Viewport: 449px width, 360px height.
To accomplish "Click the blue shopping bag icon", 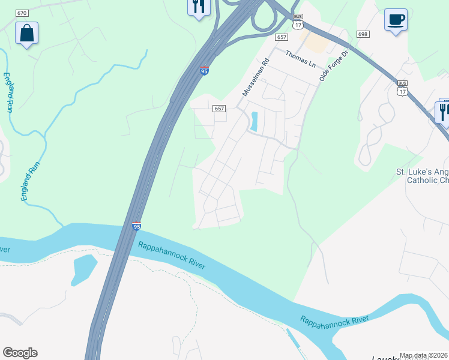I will [x=26, y=34].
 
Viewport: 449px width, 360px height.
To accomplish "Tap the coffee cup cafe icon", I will [x=396, y=20].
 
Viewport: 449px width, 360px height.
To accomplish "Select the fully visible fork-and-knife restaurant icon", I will [x=199, y=7].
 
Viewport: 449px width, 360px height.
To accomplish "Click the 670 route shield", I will [x=22, y=13].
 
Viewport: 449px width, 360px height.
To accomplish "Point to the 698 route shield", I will [x=362, y=35].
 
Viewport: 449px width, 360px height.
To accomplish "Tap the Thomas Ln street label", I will [x=300, y=58].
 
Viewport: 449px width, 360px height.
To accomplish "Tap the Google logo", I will [x=20, y=353].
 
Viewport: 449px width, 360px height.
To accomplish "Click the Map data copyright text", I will [x=424, y=355].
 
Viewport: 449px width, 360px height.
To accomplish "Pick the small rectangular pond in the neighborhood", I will [x=254, y=122].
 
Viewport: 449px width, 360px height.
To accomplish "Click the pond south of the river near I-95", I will [x=83, y=269].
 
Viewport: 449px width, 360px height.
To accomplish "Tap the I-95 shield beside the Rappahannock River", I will [x=136, y=226].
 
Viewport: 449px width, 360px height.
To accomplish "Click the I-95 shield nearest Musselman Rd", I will [x=204, y=71].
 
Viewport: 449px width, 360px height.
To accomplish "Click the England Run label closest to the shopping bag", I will [x=8, y=92].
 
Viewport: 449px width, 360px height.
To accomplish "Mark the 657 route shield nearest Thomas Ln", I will [x=282, y=37].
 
